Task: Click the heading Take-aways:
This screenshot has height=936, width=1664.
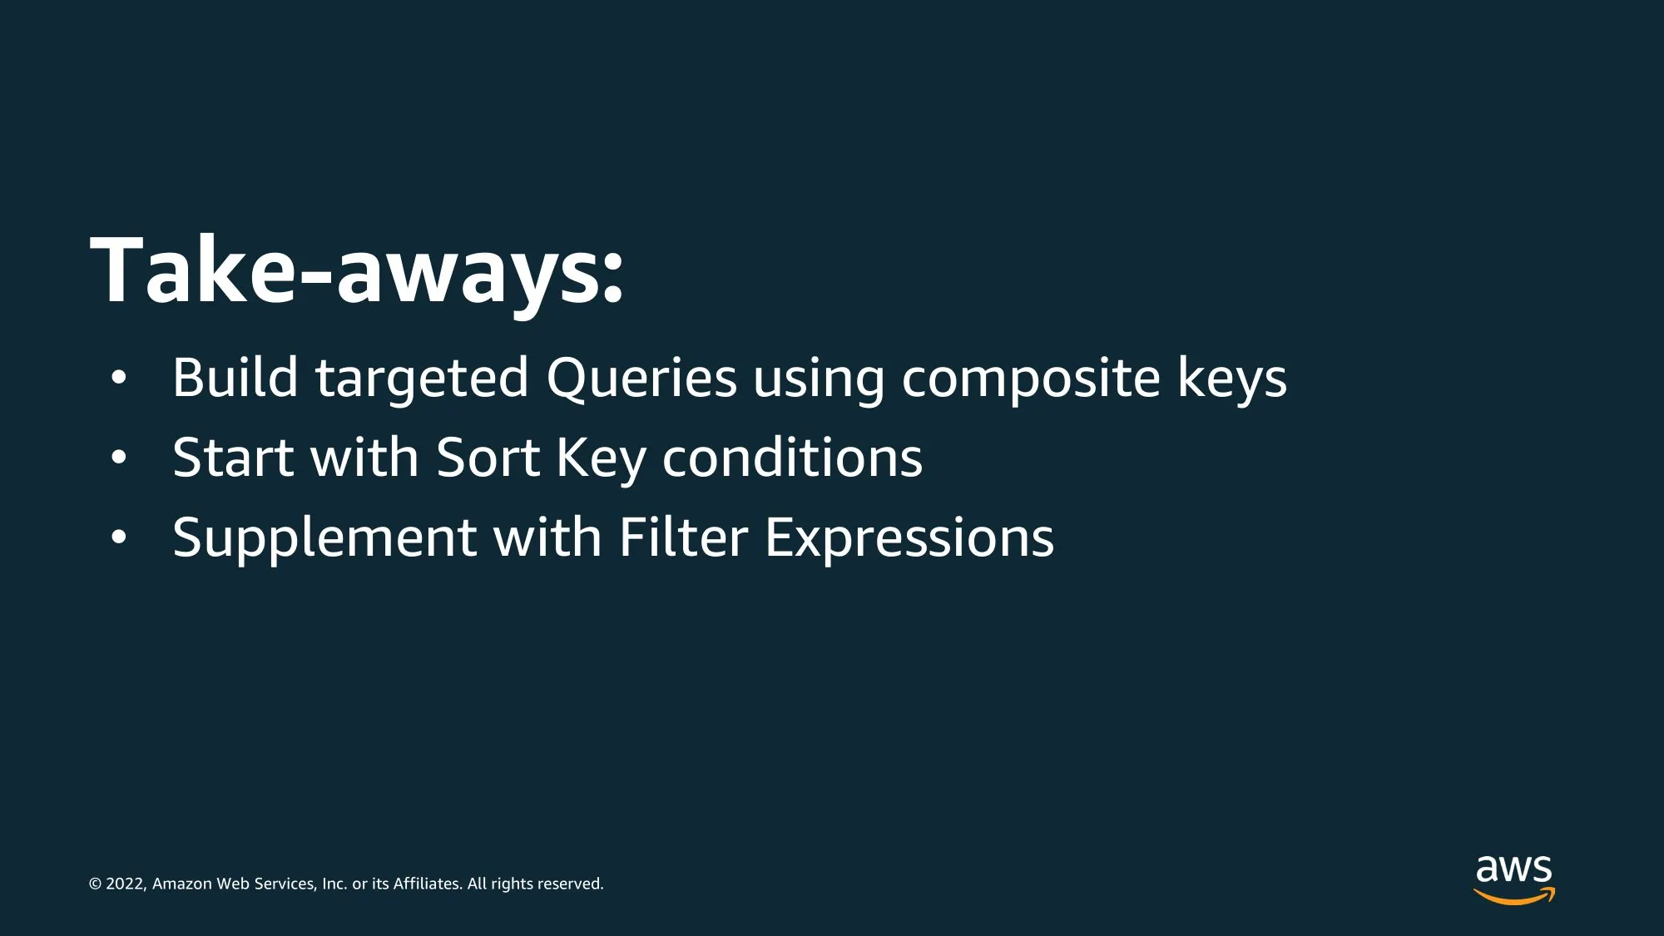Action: pos(357,271)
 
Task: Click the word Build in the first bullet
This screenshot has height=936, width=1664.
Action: pos(235,377)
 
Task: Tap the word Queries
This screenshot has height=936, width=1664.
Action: pos(641,379)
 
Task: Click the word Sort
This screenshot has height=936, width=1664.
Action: pos(488,458)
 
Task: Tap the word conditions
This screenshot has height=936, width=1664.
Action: pos(792,458)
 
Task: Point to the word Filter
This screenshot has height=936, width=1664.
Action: pos(683,537)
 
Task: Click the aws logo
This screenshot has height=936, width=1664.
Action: pos(1514,880)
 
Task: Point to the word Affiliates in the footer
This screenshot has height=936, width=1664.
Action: pos(428,884)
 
